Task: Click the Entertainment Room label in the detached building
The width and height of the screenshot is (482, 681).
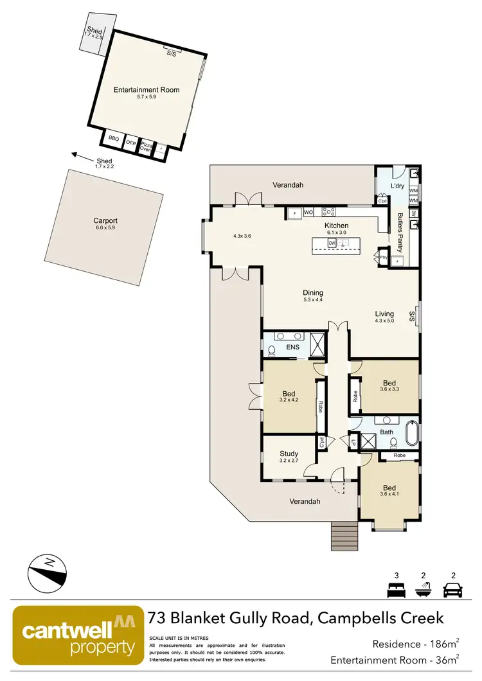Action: pyautogui.click(x=147, y=90)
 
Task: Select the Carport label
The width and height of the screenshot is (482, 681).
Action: pyautogui.click(x=105, y=221)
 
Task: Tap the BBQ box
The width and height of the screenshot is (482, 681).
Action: pyautogui.click(x=114, y=139)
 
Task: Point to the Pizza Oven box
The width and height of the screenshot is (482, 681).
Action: pyautogui.click(x=146, y=146)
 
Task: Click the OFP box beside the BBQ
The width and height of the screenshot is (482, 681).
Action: pyautogui.click(x=130, y=143)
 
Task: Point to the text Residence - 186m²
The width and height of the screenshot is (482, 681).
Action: pyautogui.click(x=415, y=643)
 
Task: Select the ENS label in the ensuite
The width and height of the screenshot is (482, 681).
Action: pyautogui.click(x=294, y=348)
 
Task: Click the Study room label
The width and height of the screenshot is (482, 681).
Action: pyautogui.click(x=289, y=454)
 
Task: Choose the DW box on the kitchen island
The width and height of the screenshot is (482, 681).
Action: pyautogui.click(x=332, y=243)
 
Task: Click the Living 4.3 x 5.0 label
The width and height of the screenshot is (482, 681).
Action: pyautogui.click(x=384, y=318)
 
